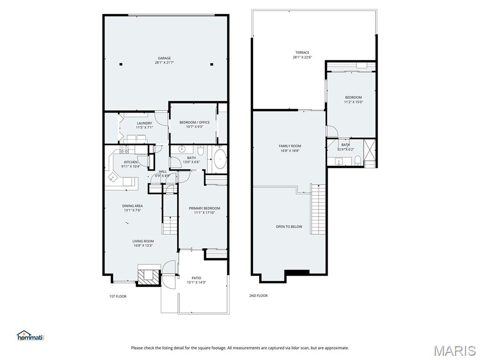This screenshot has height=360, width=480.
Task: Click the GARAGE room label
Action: click(x=164, y=58)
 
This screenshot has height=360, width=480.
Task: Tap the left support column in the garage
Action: click(x=120, y=64)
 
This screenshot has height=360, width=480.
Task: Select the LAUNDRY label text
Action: click(x=144, y=123)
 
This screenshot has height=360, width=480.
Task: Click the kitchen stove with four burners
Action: click(x=124, y=150)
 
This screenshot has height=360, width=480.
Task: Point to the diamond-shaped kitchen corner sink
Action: click(x=113, y=176)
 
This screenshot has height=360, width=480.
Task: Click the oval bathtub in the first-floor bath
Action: click(x=220, y=159)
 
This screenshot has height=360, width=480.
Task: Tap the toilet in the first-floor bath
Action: click(x=200, y=151)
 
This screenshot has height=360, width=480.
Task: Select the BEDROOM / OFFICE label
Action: click(x=195, y=122)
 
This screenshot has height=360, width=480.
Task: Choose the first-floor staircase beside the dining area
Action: click(x=170, y=225)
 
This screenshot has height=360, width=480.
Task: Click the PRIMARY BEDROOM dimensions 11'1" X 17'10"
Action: click(x=204, y=213)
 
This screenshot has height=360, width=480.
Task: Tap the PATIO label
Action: click(x=196, y=278)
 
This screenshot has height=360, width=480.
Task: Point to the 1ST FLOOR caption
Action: click(x=118, y=296)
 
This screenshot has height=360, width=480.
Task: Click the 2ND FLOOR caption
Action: click(x=258, y=296)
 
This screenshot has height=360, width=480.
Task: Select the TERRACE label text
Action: click(x=302, y=52)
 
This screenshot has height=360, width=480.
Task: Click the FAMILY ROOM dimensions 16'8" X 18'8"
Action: click(x=290, y=150)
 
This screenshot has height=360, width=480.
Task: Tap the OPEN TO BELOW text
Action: click(x=289, y=226)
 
